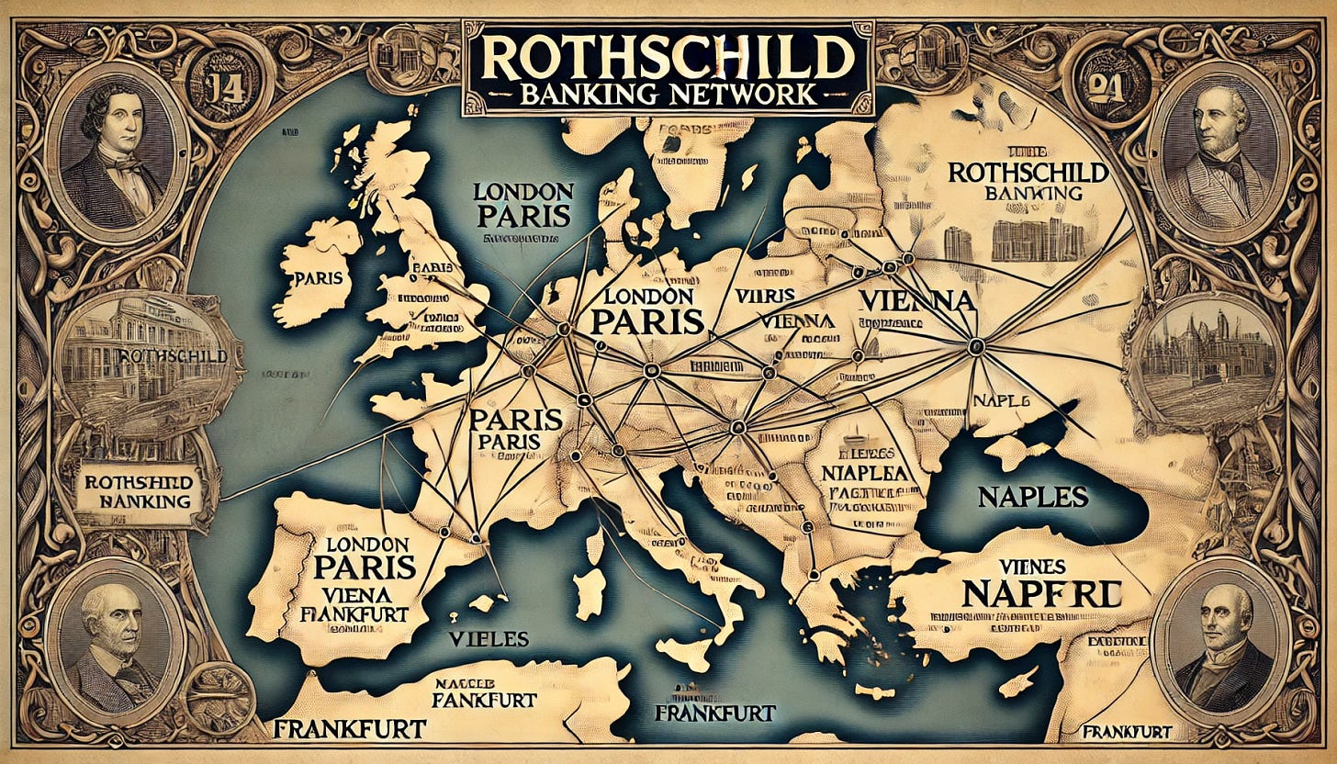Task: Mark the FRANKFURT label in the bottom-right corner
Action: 1126,732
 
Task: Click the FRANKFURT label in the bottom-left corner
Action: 349,728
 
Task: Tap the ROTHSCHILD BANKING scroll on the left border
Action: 138,490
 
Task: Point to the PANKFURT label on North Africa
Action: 485,700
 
